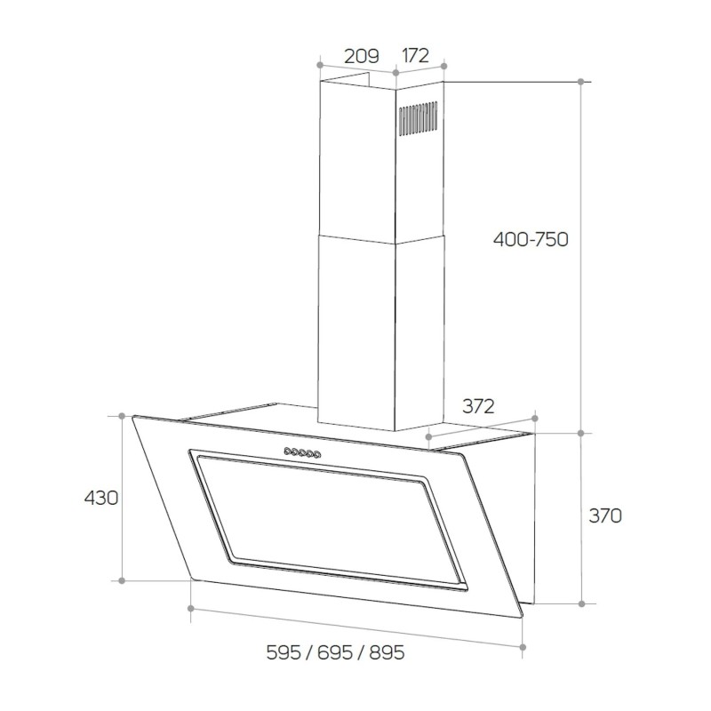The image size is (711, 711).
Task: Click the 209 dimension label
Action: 362,56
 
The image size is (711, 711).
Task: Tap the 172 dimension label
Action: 415,55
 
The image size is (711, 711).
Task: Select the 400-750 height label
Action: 531,239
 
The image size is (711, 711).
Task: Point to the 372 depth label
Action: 478,406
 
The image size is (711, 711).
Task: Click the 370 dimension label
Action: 605,515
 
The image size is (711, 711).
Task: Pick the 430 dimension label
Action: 101,498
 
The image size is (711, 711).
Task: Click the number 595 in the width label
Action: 284,652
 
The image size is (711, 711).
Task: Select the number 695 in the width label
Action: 335,652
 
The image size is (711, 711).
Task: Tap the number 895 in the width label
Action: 387,652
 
